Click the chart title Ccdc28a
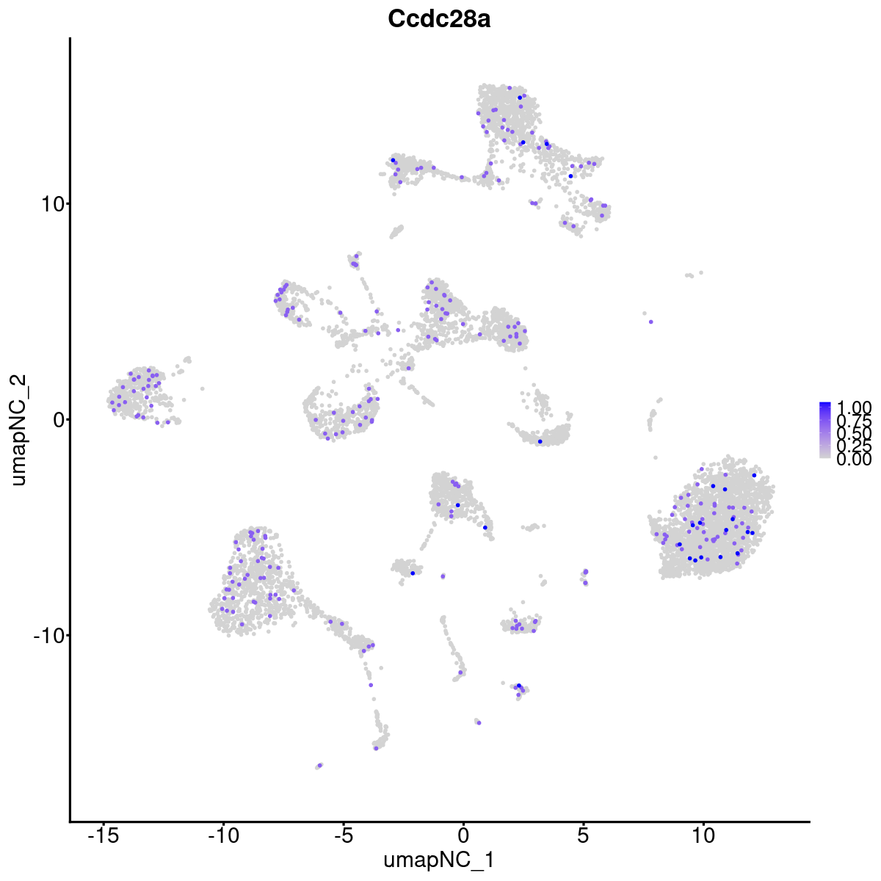pos(439,20)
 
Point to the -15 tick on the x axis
pos(104,835)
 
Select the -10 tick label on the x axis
pos(223,835)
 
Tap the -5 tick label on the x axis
pos(343,835)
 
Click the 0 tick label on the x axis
pos(463,835)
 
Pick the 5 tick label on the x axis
pos(583,835)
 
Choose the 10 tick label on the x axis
pos(703,835)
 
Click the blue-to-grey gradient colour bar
pos(825,430)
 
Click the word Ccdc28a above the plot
pos(439,20)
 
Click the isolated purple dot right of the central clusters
pos(650,322)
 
